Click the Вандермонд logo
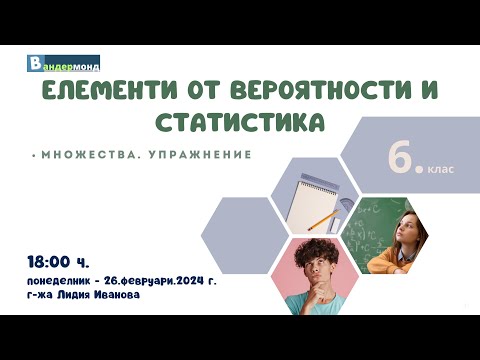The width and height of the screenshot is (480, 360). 62,64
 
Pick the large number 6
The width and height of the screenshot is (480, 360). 403,162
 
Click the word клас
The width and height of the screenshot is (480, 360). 441,169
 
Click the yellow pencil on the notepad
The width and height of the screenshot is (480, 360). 322,217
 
